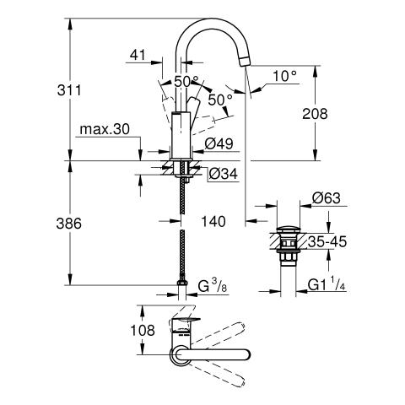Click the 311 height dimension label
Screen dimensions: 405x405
pos(69,90)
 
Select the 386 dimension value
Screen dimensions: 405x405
pos(69,224)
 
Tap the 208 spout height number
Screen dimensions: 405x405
pos(315,114)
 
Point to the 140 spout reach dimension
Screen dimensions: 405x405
pos(213,221)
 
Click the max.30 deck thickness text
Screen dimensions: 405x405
pos(105,129)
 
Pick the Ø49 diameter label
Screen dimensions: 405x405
pos(219,143)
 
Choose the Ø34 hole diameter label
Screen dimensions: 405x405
pos(224,174)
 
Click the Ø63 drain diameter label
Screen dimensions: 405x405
pos(327,197)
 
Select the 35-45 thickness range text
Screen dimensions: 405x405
pos(327,241)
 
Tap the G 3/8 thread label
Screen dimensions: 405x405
pos(213,287)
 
